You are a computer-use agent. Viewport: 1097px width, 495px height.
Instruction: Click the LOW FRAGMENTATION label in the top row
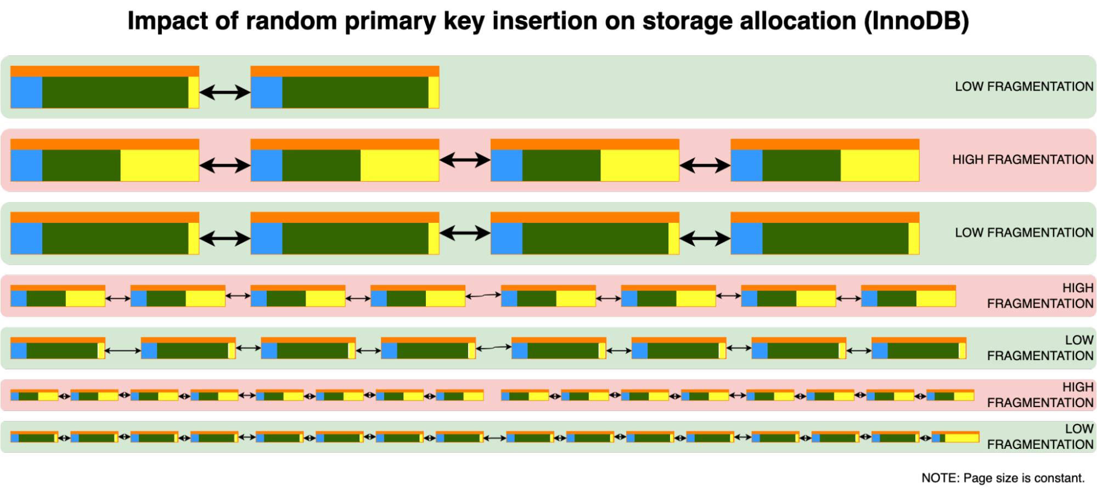[x=1023, y=87]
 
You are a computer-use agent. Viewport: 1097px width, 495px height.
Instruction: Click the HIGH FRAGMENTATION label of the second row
[x=1022, y=160]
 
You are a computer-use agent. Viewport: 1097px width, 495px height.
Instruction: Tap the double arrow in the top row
[x=224, y=92]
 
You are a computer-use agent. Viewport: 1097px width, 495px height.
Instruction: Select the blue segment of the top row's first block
[x=26, y=92]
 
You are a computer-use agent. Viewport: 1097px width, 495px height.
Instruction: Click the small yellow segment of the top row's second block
[x=434, y=92]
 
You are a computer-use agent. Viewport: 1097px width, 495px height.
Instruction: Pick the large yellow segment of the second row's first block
[x=159, y=165]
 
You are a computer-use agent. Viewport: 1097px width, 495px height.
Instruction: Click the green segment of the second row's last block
[x=801, y=165]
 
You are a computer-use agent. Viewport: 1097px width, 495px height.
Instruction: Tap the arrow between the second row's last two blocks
[x=705, y=165]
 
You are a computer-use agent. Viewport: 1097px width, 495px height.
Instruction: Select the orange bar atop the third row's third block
[x=584, y=217]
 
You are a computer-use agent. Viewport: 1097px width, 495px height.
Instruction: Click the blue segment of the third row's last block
[x=746, y=238]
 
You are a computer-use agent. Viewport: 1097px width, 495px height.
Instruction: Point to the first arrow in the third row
[x=224, y=238]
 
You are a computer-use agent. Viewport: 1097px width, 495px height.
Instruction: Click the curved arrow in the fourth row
[x=483, y=296]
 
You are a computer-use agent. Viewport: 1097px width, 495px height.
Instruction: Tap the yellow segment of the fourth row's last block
[x=936, y=299]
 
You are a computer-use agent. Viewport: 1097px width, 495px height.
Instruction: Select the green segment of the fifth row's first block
[x=62, y=351]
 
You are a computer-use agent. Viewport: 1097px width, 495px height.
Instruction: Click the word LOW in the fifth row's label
[x=1079, y=340]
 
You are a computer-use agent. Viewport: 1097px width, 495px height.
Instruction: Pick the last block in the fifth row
[x=919, y=348]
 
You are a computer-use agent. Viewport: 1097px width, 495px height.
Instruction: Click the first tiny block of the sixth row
[x=34, y=395]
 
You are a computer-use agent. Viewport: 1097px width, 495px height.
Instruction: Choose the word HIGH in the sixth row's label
[x=1077, y=387]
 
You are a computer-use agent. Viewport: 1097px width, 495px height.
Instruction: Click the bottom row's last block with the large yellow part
[x=955, y=437]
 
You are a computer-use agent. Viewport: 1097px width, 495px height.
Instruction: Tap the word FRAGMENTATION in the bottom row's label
[x=1040, y=445]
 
